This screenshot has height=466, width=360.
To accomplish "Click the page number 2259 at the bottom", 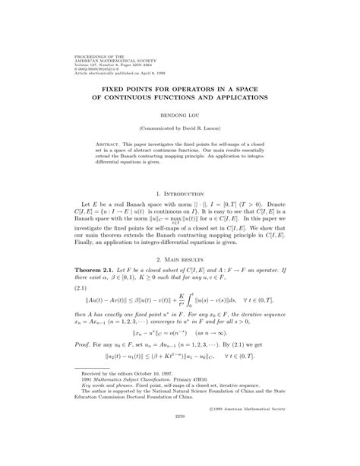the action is pyautogui.click(x=180, y=439).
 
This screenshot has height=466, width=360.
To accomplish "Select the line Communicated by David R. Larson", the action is pyautogui.click(x=180, y=130).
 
